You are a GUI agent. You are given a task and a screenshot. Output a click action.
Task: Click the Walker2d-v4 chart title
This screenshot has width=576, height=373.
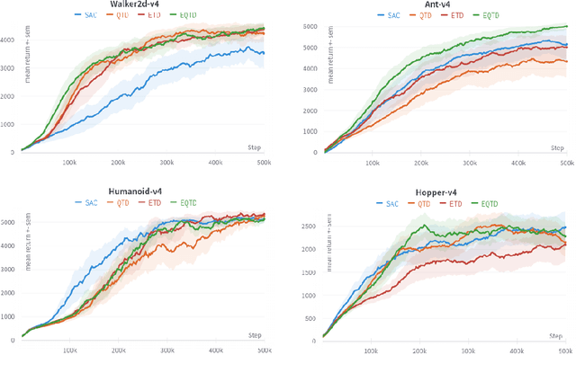point(144,5)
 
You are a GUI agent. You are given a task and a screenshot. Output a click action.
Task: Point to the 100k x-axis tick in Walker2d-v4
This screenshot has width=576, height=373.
point(70,163)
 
